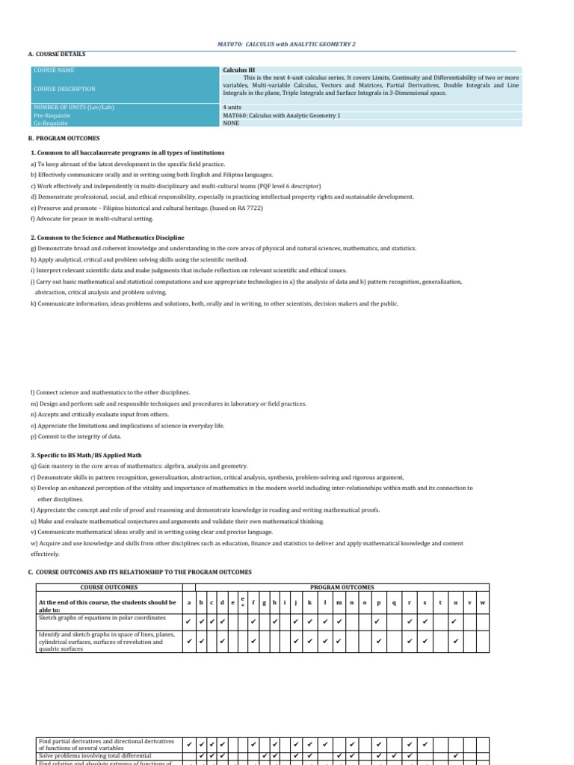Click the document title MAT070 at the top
(x=286, y=45)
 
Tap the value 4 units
(x=232, y=107)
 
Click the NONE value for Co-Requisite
(x=232, y=123)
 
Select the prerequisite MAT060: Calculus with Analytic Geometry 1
(x=281, y=115)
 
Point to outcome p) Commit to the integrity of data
(x=76, y=436)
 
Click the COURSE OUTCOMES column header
(x=109, y=587)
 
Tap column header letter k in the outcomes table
(x=309, y=602)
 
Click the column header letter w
(x=483, y=602)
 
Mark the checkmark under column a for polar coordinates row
(x=189, y=621)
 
